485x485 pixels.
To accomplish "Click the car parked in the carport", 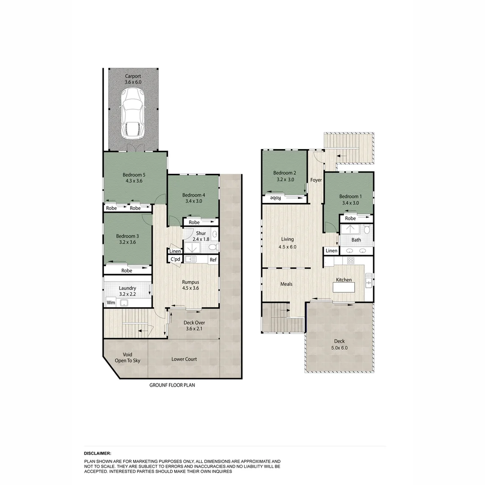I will click(132, 113).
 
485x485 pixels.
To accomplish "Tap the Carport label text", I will click(133, 79).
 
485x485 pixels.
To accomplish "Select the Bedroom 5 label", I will click(134, 178).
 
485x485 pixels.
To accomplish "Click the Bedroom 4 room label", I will click(194, 198).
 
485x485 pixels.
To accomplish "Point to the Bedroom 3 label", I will click(128, 239).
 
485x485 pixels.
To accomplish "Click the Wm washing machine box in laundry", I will click(110, 303).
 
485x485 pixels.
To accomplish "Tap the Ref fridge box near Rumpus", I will click(213, 260).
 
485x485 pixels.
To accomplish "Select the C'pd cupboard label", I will click(175, 260).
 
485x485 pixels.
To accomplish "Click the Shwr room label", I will click(201, 236).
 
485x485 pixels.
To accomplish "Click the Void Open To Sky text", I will click(128, 357).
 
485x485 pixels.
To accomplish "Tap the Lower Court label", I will click(184, 359).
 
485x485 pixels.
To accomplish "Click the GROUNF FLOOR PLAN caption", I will click(172, 385).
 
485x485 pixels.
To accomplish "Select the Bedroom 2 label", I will click(285, 176).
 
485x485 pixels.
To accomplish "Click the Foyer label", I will click(316, 180).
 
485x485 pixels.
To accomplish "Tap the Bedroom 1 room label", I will click(349, 199).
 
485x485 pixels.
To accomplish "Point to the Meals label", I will click(287, 284).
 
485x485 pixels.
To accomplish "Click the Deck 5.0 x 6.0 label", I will click(339, 344).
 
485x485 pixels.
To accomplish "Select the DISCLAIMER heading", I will click(97, 454).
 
